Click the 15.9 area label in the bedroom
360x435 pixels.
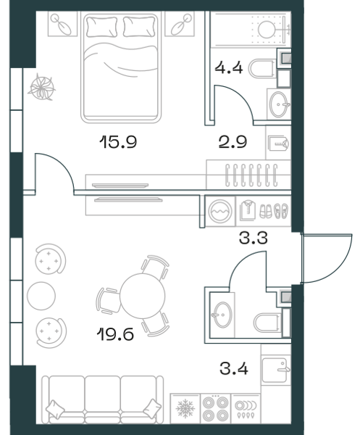pos(118,142)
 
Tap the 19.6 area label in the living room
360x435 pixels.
pos(116,333)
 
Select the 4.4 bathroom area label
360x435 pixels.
pos(229,67)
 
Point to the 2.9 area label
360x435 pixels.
pos(233,142)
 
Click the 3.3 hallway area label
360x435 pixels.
pos(254,238)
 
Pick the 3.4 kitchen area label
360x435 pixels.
pos(234,369)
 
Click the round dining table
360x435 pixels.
pos(143,296)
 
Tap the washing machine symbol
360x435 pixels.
pos(220,211)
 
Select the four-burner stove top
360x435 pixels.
pos(215,408)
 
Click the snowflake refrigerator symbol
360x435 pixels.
pos(185,408)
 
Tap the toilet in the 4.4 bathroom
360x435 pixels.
pos(262,68)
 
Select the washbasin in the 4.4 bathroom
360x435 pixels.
pos(280,104)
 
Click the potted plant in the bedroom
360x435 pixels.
pos(41,88)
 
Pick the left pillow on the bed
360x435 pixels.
pos(101,27)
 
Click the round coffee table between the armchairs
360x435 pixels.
pos(41,296)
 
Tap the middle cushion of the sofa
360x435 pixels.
pos(103,394)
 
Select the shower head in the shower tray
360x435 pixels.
pos(267,29)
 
